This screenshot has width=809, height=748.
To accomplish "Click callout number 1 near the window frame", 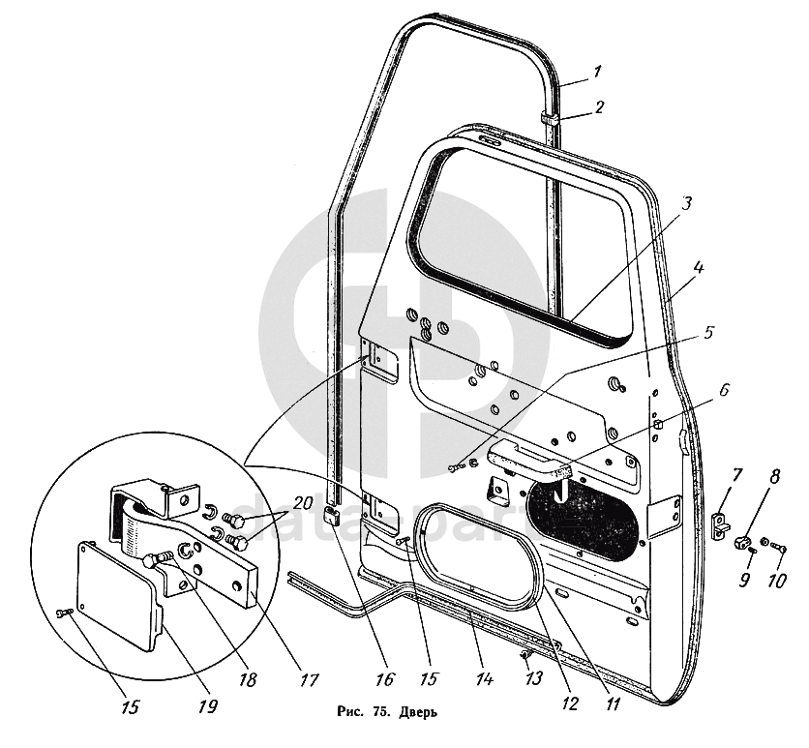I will (598, 70).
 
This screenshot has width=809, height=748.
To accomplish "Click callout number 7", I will (736, 475).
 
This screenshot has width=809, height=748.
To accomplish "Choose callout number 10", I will (776, 581).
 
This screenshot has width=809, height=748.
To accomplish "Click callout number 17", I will (310, 680).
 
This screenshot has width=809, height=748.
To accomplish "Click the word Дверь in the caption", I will (420, 714).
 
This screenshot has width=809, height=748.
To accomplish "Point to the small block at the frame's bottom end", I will (332, 515).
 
